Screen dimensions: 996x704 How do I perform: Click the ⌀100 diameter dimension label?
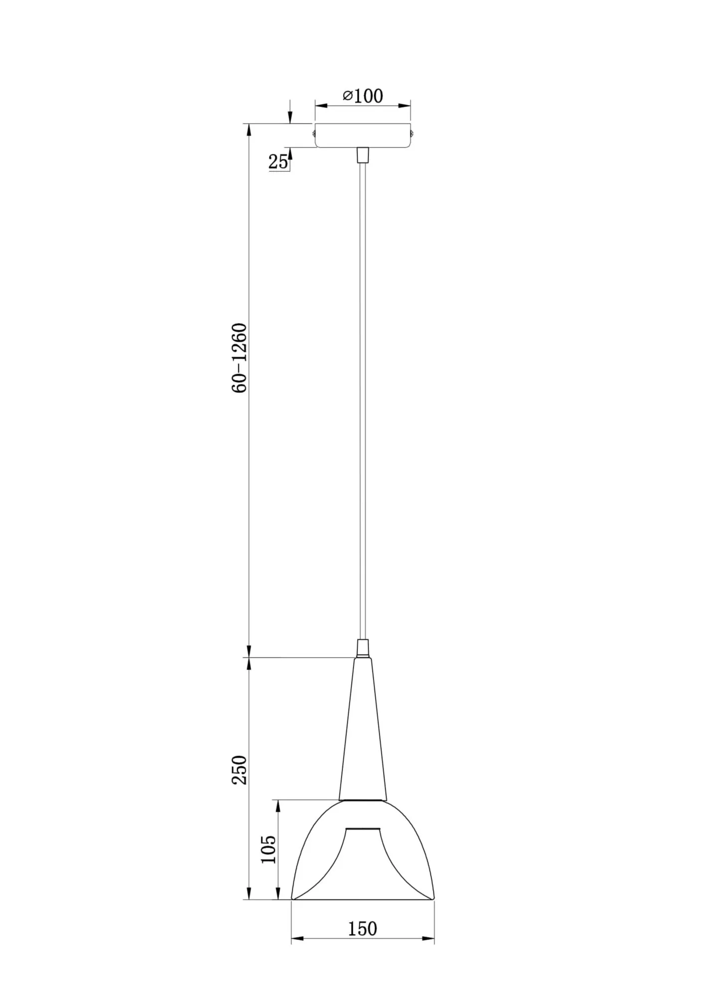tap(363, 96)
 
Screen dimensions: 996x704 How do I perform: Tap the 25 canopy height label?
tap(278, 161)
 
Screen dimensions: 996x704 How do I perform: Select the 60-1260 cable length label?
tap(240, 358)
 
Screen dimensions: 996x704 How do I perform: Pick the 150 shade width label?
tap(362, 929)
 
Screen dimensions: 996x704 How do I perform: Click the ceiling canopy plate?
tap(363, 135)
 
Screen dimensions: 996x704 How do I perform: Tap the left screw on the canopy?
tap(313, 132)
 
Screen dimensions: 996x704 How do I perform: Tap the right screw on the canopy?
tap(413, 132)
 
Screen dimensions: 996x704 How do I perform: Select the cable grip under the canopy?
tap(363, 155)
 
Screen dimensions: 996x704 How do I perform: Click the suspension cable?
tap(363, 398)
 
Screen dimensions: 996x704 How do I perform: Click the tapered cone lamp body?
tap(363, 737)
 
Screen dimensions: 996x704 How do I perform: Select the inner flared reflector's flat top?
tap(363, 830)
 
